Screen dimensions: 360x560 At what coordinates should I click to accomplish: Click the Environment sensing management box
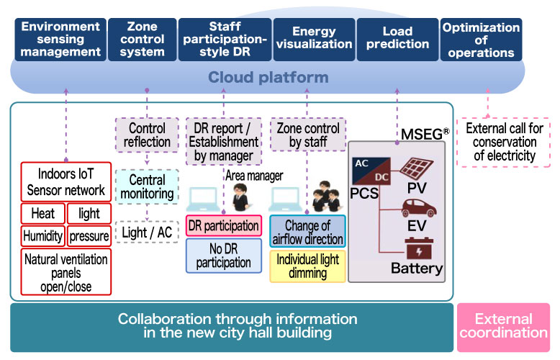60,40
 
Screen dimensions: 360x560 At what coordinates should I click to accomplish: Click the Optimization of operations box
481,40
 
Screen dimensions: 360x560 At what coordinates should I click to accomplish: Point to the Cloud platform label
268,78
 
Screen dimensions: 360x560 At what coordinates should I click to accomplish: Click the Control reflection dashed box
147,135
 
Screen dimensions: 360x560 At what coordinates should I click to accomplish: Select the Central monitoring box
147,186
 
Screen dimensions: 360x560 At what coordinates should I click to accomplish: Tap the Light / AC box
147,232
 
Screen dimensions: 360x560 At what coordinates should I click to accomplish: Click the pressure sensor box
89,235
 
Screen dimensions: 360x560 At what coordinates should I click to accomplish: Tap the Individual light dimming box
307,266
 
